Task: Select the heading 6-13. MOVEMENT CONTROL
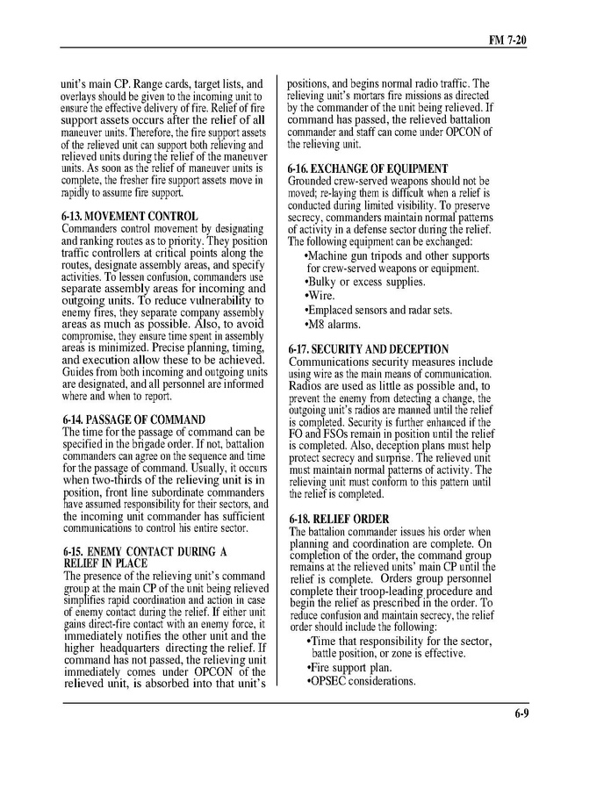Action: point(130,216)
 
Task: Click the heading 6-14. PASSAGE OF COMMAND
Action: point(133,420)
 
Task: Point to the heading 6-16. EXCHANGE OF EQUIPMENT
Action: point(368,169)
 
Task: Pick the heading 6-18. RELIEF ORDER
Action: point(338,520)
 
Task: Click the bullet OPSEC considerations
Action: point(361,681)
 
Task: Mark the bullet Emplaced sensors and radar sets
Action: point(377,310)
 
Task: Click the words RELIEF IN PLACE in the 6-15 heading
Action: point(105,563)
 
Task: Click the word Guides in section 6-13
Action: point(80,372)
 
